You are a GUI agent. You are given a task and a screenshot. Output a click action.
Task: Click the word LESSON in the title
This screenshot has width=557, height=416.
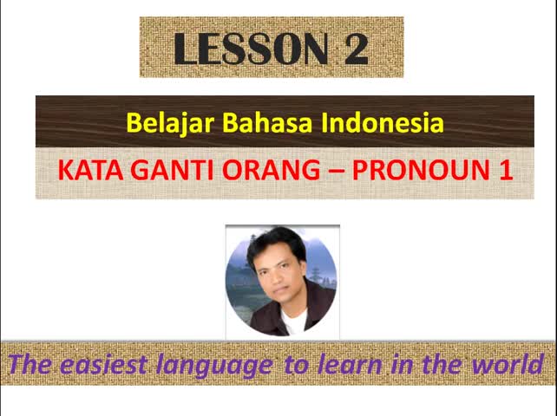click(x=251, y=49)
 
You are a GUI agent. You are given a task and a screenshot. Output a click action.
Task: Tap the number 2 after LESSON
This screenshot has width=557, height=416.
click(x=356, y=49)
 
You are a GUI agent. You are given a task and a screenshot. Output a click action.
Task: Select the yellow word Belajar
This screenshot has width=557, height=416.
click(x=170, y=123)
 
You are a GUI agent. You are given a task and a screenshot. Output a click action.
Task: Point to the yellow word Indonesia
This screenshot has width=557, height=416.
click(x=383, y=122)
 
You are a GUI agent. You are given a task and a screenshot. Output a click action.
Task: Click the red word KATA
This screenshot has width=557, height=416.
click(x=90, y=171)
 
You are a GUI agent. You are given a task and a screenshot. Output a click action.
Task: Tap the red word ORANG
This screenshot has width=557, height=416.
click(x=271, y=171)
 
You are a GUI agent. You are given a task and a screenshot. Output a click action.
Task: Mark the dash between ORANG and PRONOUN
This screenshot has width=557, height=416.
click(x=337, y=172)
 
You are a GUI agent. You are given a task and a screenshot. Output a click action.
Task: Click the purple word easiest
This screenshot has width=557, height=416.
click(x=103, y=365)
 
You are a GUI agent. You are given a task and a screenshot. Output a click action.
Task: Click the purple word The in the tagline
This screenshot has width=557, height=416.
click(x=30, y=364)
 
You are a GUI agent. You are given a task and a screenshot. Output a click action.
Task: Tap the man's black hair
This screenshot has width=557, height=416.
click(x=275, y=244)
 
